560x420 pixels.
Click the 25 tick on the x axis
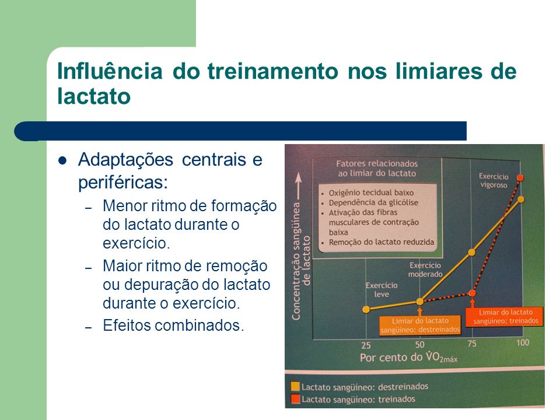click(366, 346)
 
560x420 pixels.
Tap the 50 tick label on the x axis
click(419, 345)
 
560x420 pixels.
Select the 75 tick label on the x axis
click(472, 344)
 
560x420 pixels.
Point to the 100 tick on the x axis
click(523, 342)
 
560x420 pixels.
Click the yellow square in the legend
click(295, 386)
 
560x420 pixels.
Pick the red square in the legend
click(295, 399)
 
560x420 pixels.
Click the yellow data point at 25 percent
click(366, 309)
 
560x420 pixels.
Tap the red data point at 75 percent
click(472, 293)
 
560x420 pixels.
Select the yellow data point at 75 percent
click(471, 253)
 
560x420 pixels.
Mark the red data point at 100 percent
click(520, 178)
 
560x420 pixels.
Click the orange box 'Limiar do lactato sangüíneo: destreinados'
click(420, 325)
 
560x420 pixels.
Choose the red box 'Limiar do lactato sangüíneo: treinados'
click(505, 316)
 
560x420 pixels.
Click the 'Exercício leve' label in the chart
click(381, 290)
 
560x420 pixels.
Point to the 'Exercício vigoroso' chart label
click(494, 181)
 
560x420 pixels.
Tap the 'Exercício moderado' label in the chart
click(425, 269)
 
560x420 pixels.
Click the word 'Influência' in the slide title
click(110, 71)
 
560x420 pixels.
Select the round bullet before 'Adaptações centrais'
click(62, 161)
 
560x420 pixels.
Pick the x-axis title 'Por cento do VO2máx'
click(408, 357)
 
